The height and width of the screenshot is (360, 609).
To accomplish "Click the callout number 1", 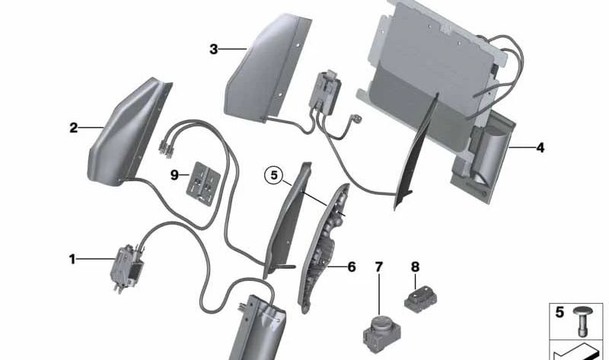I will click(73, 260).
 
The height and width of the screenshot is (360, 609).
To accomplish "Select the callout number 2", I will click(73, 128).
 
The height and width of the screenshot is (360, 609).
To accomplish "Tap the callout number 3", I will click(214, 49).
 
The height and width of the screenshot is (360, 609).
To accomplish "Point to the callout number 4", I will click(540, 148).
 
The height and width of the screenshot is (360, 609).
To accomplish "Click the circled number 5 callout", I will click(273, 176).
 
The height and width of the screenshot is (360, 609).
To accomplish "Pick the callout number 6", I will click(351, 267).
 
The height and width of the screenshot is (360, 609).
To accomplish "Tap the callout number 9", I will click(174, 175).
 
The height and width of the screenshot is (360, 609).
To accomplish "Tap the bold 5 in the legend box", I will click(560, 312).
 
